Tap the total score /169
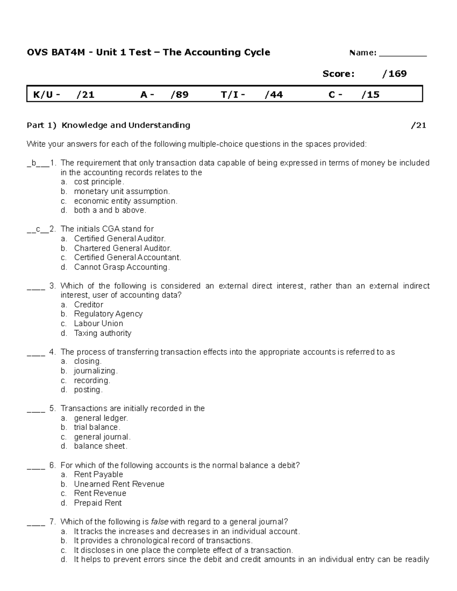coord(395,74)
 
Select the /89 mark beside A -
coord(179,95)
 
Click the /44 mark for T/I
coord(273,95)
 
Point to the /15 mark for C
coord(371,95)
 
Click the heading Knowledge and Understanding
coord(126,125)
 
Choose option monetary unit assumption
coord(121,191)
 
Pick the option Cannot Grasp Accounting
coord(121,267)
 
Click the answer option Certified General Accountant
coord(127,258)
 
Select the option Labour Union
coord(98,323)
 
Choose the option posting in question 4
coord(88,390)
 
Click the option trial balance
coord(97,427)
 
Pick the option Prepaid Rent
coord(97,503)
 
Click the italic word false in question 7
coord(160,522)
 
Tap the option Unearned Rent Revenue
coord(119,484)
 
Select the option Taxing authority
coord(102,333)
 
